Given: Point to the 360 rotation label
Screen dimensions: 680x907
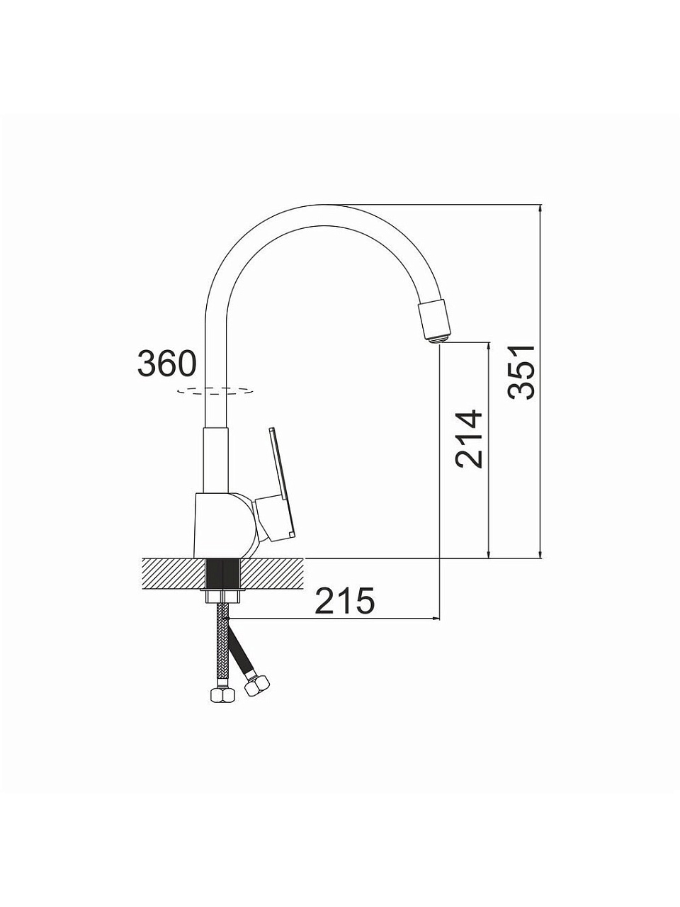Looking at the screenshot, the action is click(x=166, y=363).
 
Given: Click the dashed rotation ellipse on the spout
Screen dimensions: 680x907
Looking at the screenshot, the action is click(x=215, y=391).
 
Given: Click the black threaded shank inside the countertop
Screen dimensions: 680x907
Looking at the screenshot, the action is click(x=223, y=575).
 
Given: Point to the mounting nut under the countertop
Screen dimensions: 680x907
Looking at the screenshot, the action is click(x=223, y=597).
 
